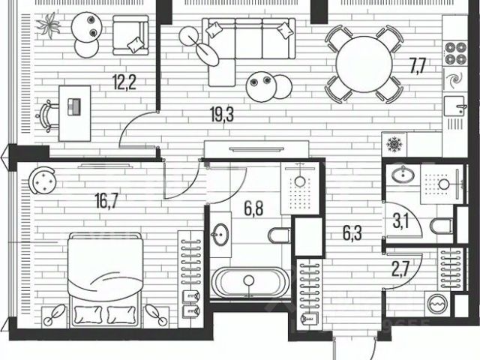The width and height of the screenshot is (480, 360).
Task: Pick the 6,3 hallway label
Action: click(331, 232)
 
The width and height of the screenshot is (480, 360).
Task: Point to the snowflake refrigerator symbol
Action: click(393, 143)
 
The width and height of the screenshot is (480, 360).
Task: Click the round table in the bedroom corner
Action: click(43, 181)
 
